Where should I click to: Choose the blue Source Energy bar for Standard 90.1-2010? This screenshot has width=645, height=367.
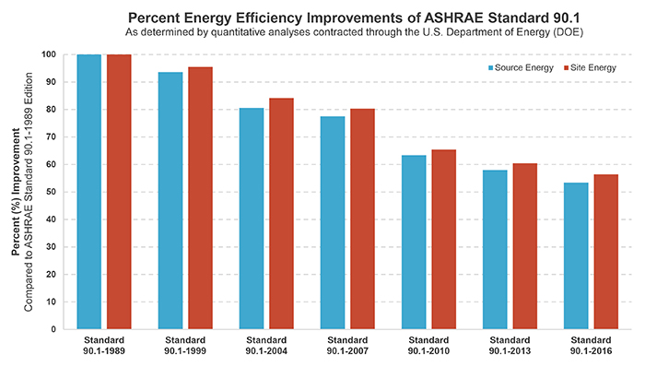click(x=414, y=242)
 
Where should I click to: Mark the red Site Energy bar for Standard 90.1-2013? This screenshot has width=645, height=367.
click(x=524, y=246)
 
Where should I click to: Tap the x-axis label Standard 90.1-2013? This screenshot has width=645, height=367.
click(x=510, y=347)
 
